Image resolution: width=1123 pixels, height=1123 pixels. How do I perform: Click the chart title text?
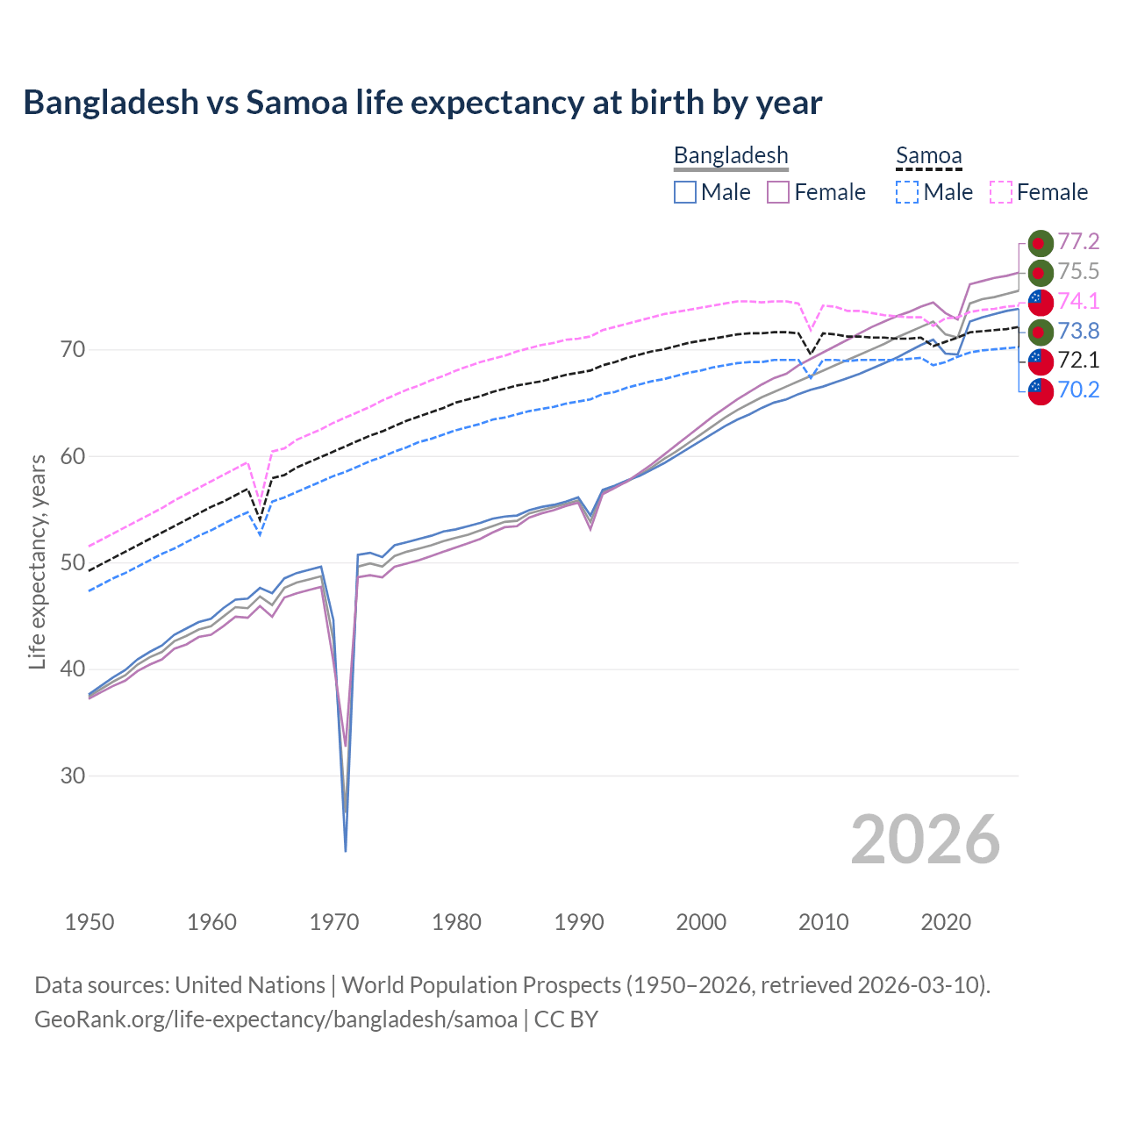tap(422, 103)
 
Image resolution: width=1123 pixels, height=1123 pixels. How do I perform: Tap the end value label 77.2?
tap(1078, 242)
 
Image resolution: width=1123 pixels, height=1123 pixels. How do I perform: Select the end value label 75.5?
tap(1078, 272)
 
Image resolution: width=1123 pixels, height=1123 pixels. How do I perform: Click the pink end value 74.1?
tap(1078, 301)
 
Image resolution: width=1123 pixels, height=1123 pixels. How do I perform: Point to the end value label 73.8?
tap(1078, 331)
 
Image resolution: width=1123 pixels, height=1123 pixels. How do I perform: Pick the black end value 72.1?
tap(1078, 360)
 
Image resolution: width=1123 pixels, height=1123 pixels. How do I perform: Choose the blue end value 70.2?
tap(1078, 390)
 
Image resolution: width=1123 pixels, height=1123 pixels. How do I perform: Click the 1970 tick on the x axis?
tap(334, 922)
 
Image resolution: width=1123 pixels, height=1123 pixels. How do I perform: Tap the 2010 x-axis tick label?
tap(824, 922)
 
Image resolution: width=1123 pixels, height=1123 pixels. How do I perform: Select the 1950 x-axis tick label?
tap(89, 922)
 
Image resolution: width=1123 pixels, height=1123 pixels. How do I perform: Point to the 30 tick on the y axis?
tap(73, 776)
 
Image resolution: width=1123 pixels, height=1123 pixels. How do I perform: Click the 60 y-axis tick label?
tap(73, 456)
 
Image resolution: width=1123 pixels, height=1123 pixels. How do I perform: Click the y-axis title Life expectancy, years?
tap(38, 561)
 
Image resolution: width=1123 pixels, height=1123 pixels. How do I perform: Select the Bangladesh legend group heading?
tap(731, 155)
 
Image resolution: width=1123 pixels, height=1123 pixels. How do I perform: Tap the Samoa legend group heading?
tap(928, 155)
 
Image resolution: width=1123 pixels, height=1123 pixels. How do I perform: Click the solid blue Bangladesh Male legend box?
tap(685, 192)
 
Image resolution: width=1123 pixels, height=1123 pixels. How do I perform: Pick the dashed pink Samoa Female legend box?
tap(1001, 192)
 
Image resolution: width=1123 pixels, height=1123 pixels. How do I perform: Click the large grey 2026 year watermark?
tap(925, 840)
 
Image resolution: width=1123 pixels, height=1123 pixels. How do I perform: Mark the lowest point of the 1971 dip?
tap(346, 850)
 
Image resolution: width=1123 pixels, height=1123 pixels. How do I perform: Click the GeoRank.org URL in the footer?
tap(275, 1019)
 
